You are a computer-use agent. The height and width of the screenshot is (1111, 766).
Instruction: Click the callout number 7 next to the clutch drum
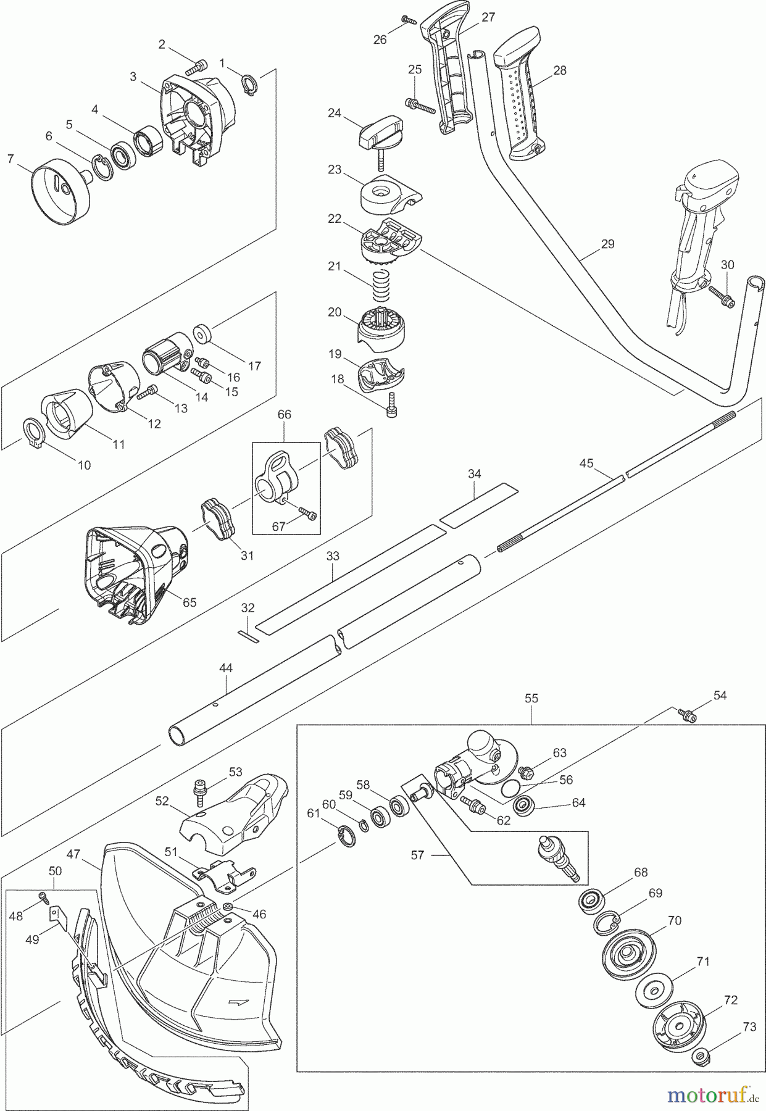pyautogui.click(x=10, y=158)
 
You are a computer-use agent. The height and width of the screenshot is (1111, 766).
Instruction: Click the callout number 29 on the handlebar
pyautogui.click(x=607, y=244)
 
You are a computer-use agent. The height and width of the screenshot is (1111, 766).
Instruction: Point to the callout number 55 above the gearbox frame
pyautogui.click(x=531, y=698)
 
